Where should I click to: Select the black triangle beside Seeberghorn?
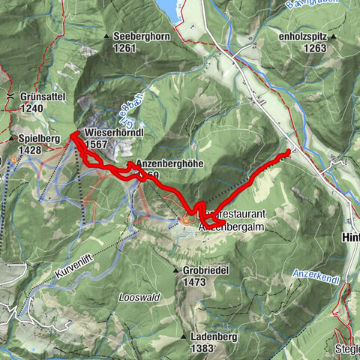(107, 36)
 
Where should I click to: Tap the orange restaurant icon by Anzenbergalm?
(186, 220)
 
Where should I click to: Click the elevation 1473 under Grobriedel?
(193, 282)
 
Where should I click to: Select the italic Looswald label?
(139, 298)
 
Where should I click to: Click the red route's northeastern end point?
(287, 152)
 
